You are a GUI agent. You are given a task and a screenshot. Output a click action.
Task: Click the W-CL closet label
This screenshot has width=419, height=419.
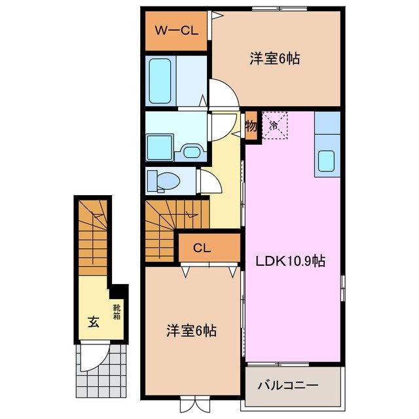point(175,31)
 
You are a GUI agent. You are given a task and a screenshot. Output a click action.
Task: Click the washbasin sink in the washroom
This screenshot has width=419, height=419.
point(191,153)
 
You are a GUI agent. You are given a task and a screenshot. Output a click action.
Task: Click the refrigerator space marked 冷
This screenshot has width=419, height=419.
point(275,124)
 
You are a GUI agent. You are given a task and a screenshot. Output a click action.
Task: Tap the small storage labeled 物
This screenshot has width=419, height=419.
point(251,125)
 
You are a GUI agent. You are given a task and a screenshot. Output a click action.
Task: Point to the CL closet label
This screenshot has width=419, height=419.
point(202,248)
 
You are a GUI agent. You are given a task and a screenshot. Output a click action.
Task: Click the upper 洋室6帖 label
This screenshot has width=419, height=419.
point(274,59)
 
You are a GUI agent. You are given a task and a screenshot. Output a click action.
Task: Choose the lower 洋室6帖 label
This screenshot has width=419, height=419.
point(191,331)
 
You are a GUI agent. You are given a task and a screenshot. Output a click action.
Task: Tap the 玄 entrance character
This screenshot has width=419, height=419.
point(93,322)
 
